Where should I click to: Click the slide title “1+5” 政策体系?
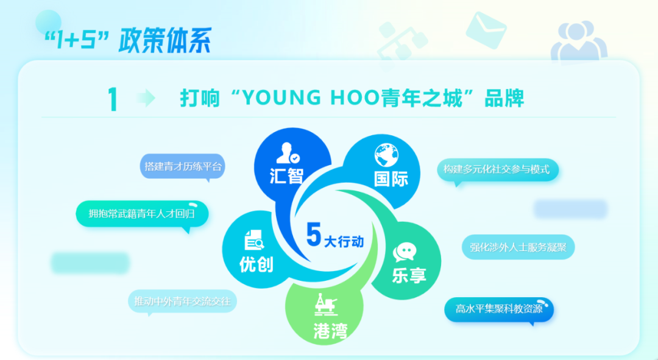(x=128, y=41)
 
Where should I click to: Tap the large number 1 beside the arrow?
(x=113, y=99)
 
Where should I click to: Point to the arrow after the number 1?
(x=146, y=98)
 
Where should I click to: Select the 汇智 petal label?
(x=286, y=175)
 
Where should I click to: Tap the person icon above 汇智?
(x=288, y=153)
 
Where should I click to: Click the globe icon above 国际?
(x=386, y=155)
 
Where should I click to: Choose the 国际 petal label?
(x=391, y=178)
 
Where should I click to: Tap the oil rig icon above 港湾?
(x=326, y=305)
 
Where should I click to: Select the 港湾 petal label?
(x=331, y=330)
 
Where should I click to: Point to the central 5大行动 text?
(x=335, y=235)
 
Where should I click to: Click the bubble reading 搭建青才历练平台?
(x=183, y=167)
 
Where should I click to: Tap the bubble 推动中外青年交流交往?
(x=182, y=302)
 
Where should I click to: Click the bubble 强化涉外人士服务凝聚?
(x=518, y=247)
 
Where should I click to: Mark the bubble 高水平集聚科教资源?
(x=499, y=310)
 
